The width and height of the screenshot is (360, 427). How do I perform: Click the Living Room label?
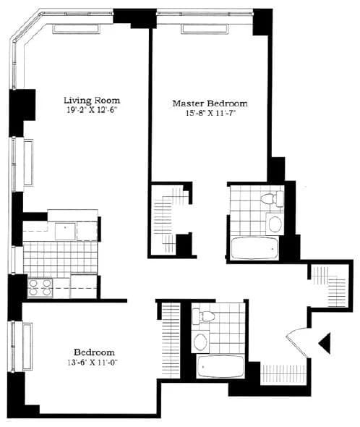[92, 100]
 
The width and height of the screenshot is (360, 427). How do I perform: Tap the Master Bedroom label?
[210, 103]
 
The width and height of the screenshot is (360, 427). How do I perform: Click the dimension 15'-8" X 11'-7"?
[210, 114]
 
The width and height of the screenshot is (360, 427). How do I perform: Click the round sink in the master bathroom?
[275, 223]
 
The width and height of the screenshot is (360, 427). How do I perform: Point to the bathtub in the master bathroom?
[254, 248]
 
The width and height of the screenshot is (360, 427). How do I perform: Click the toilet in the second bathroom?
[205, 315]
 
